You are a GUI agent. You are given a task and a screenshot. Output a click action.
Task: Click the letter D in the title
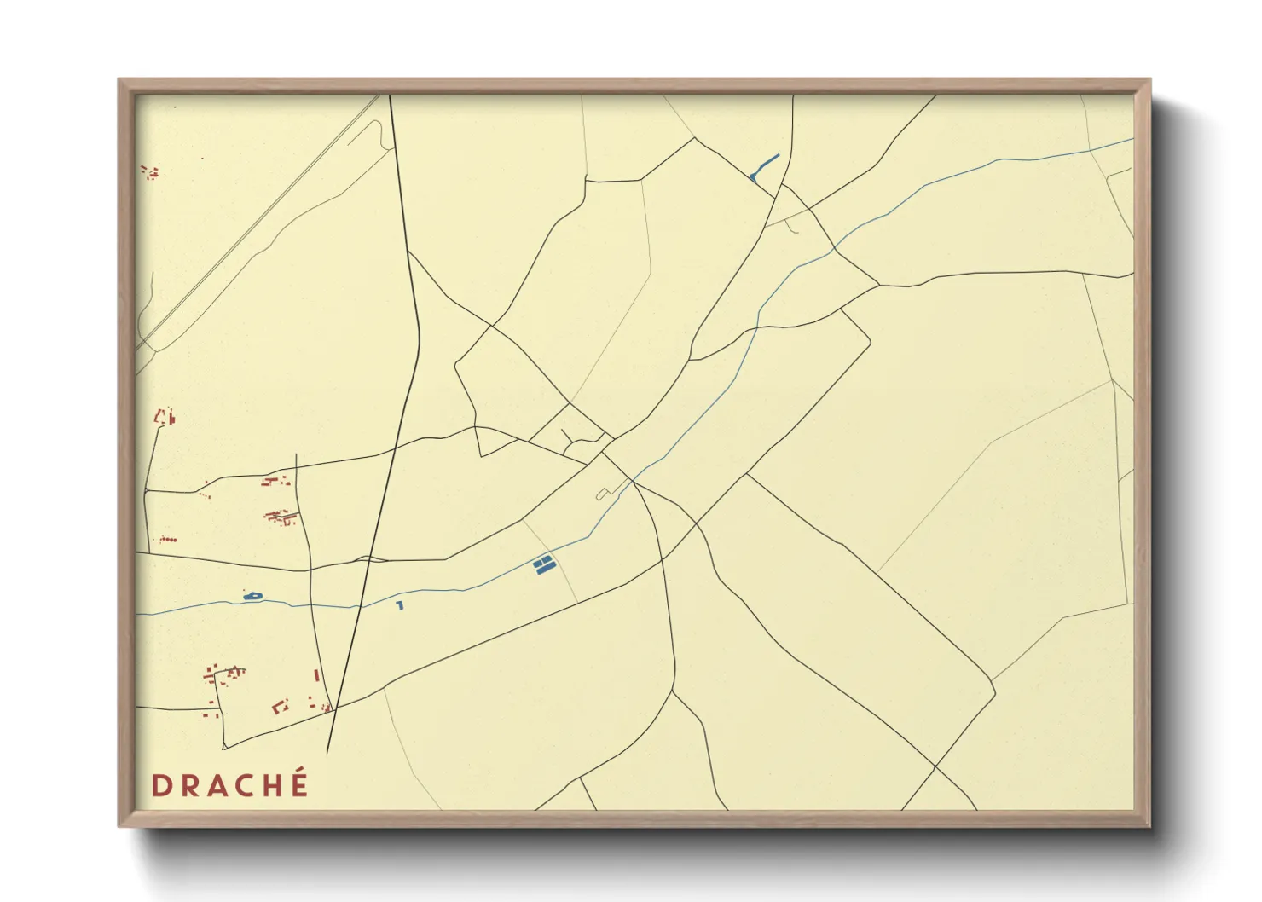[159, 785]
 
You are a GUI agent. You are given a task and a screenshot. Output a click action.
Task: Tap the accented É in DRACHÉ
[298, 783]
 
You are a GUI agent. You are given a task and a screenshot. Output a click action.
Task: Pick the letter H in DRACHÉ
[269, 785]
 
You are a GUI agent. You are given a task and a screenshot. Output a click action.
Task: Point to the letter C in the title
[241, 785]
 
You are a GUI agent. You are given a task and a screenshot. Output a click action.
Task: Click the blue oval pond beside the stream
[252, 596]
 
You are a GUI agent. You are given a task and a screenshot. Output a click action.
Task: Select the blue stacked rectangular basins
[543, 564]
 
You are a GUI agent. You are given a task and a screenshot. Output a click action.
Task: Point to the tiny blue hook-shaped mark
[399, 605]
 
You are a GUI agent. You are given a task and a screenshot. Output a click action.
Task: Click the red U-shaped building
[280, 706]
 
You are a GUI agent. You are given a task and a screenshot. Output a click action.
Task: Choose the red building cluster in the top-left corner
[150, 173]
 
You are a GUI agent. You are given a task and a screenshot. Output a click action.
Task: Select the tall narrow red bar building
[316, 675]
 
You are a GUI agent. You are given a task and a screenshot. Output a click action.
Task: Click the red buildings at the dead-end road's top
[164, 417]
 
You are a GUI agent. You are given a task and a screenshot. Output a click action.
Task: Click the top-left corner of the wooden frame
[119, 80]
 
